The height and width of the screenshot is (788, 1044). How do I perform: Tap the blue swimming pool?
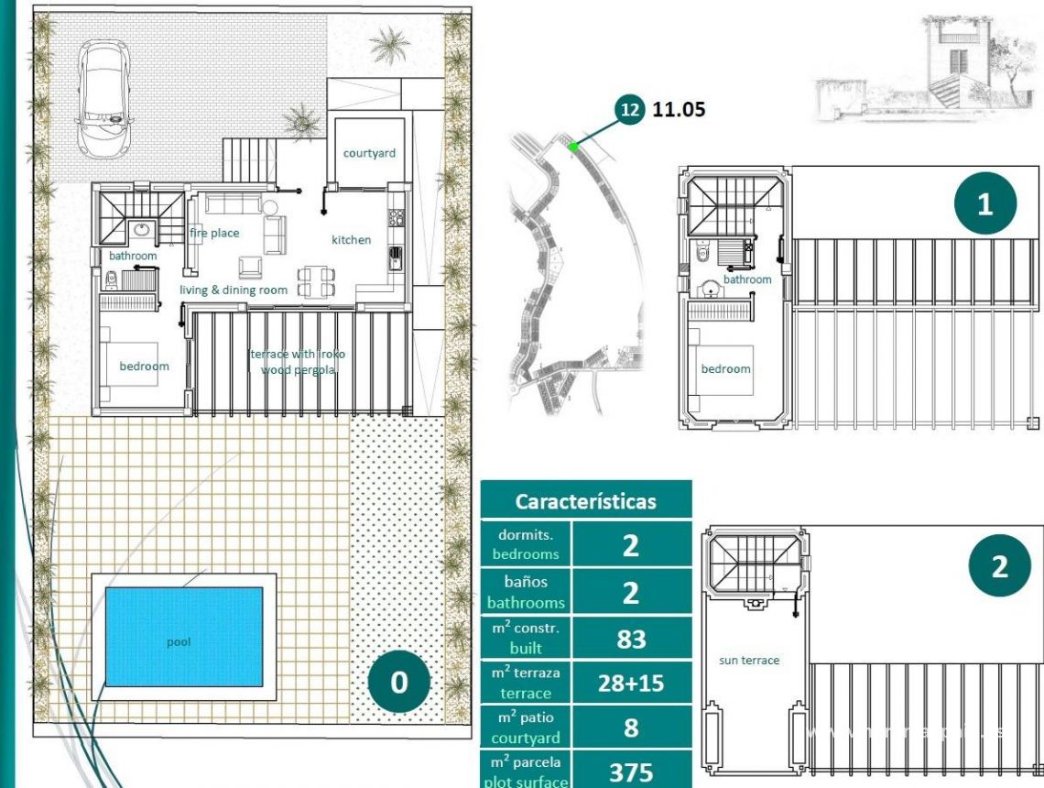183,641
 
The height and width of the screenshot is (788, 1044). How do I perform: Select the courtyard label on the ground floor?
369,153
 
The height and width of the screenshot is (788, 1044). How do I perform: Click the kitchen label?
351,240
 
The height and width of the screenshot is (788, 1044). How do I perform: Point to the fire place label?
214,234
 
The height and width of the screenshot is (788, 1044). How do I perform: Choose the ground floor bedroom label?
144,367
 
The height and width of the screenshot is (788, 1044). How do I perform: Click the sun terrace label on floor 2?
748,660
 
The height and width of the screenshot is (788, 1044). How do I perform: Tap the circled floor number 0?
399,683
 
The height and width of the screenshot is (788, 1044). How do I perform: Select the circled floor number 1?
984,203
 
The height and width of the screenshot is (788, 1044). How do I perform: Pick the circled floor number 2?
999,565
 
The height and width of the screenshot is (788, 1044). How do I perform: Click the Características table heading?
585,501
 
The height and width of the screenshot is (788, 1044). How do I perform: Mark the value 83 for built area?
631,639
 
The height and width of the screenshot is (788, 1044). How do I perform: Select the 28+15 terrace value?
631,684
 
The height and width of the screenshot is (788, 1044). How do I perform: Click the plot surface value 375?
631,772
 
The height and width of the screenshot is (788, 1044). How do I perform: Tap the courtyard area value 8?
631,728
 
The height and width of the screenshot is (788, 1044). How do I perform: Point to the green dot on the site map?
572,146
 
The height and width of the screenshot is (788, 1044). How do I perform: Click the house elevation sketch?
925,69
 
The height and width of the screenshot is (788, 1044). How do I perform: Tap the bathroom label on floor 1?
747,279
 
